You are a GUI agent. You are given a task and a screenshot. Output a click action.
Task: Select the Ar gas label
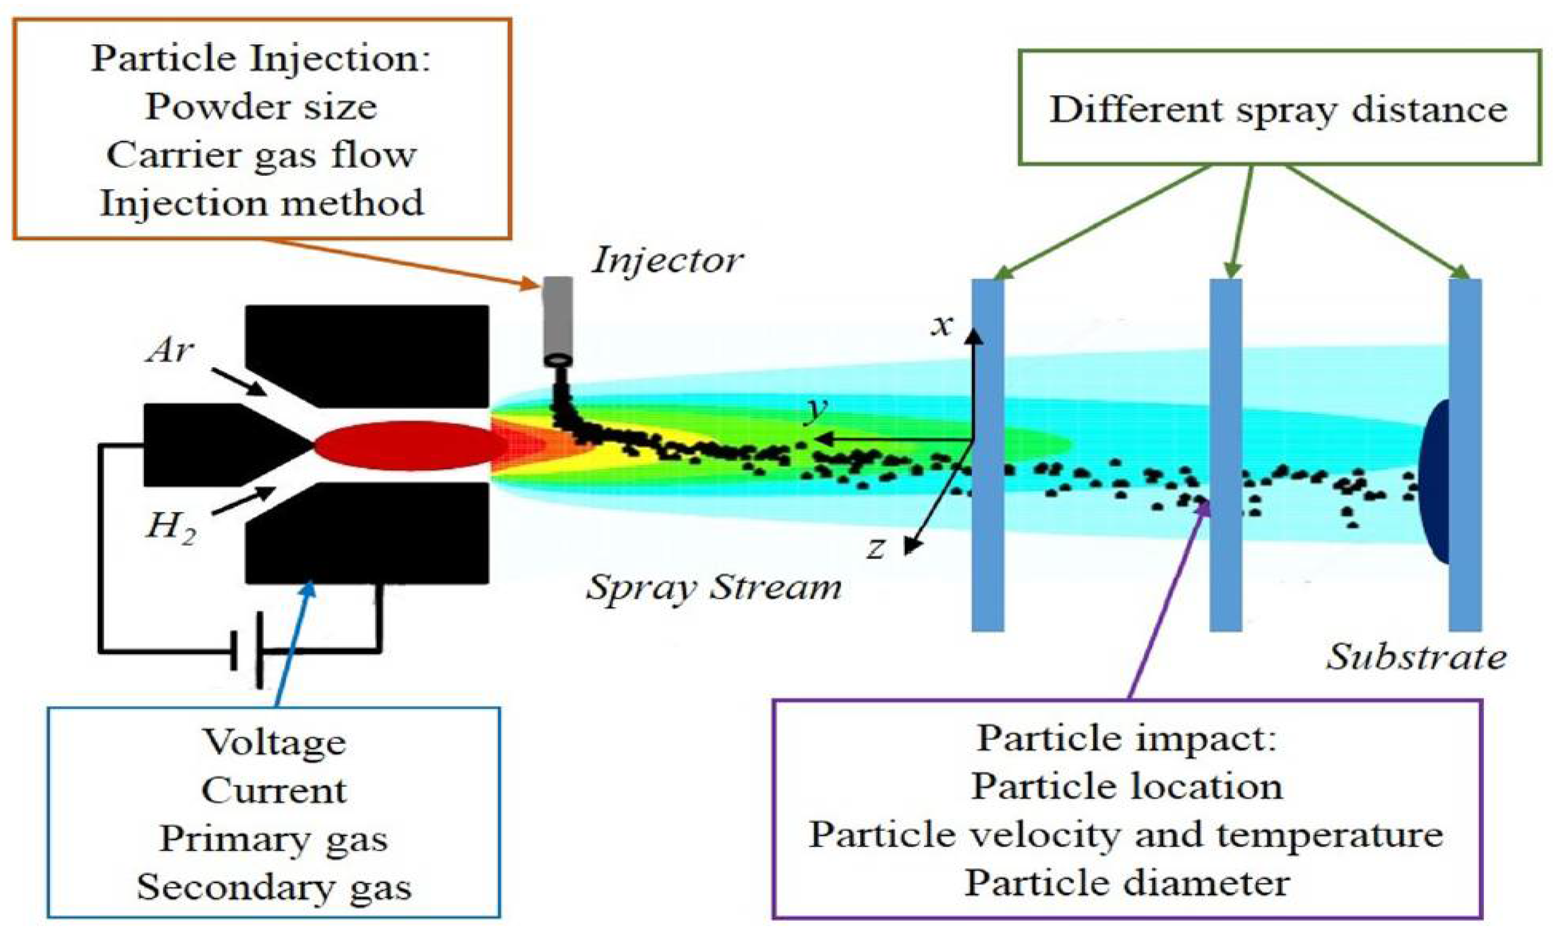(168, 350)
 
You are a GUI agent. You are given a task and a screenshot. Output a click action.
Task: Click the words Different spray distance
(1278, 111)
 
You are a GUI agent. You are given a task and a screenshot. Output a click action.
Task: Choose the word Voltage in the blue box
(274, 743)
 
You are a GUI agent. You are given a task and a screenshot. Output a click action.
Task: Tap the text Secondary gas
(274, 887)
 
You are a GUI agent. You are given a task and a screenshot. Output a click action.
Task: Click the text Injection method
(261, 203)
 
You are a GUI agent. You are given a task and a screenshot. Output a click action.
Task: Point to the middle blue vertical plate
(1225, 455)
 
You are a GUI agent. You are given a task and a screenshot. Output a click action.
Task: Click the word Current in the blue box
(274, 790)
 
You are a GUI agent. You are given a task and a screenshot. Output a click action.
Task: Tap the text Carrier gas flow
(261, 155)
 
